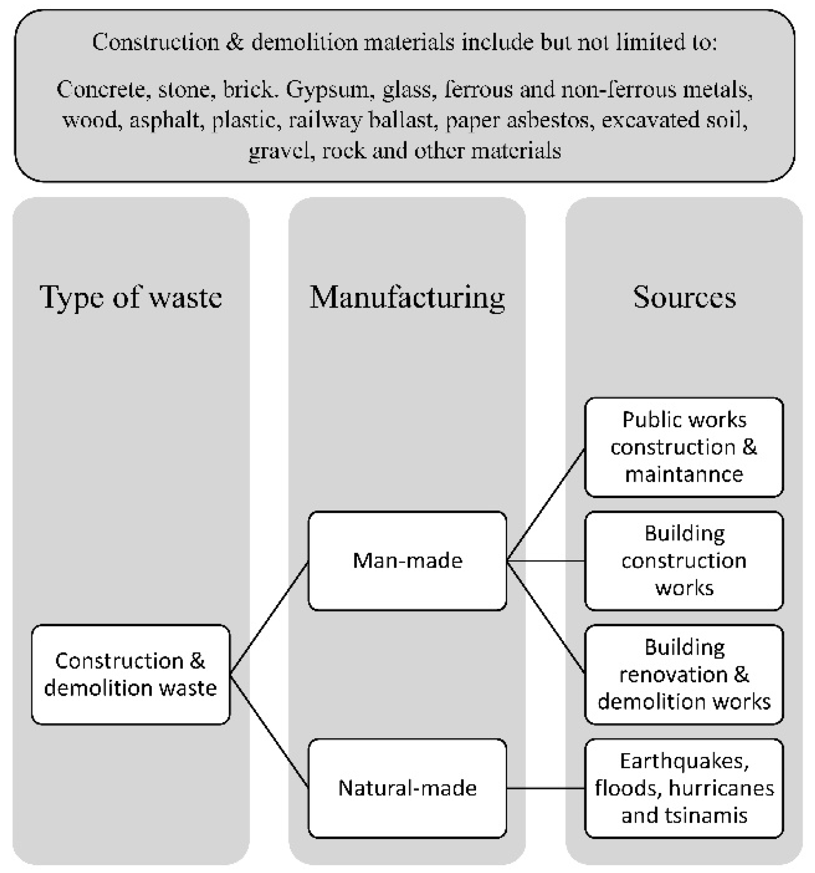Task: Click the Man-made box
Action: pos(407,560)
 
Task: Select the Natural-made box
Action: pos(407,788)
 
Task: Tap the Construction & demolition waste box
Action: pos(131,674)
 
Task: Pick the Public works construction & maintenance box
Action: pos(684,447)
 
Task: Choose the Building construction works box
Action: pos(684,560)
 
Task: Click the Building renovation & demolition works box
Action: pos(684,674)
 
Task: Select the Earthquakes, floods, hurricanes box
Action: pos(684,788)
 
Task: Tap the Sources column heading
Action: pos(684,297)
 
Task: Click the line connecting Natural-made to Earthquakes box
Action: pos(545,788)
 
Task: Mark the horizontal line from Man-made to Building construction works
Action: pos(545,560)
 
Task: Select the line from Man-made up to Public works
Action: pos(545,505)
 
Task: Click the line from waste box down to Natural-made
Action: pos(270,731)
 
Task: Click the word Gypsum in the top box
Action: pos(327,90)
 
